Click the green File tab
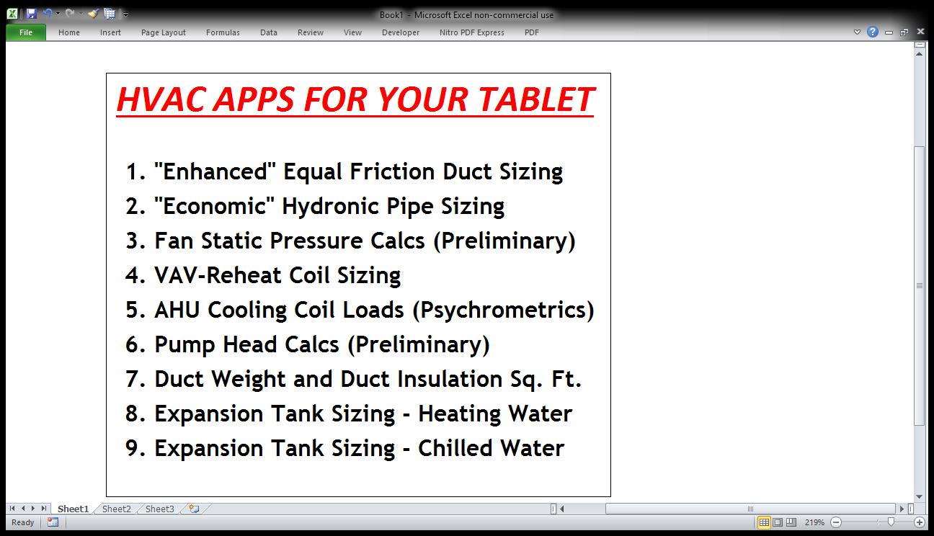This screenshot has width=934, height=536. (26, 32)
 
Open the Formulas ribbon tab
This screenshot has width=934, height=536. (223, 32)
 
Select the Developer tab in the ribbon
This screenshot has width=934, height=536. (400, 32)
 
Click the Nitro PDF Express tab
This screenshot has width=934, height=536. (471, 32)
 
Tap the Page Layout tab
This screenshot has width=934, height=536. (164, 32)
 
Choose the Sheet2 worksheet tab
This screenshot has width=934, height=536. (116, 509)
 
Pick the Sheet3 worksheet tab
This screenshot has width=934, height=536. (160, 509)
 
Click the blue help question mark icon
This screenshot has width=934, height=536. (872, 32)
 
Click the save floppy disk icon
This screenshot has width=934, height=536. (32, 14)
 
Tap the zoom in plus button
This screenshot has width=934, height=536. (919, 522)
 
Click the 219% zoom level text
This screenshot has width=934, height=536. (814, 522)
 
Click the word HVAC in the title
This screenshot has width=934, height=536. (164, 99)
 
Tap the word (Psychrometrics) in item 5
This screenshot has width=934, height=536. (503, 311)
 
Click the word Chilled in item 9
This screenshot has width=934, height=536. (455, 448)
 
